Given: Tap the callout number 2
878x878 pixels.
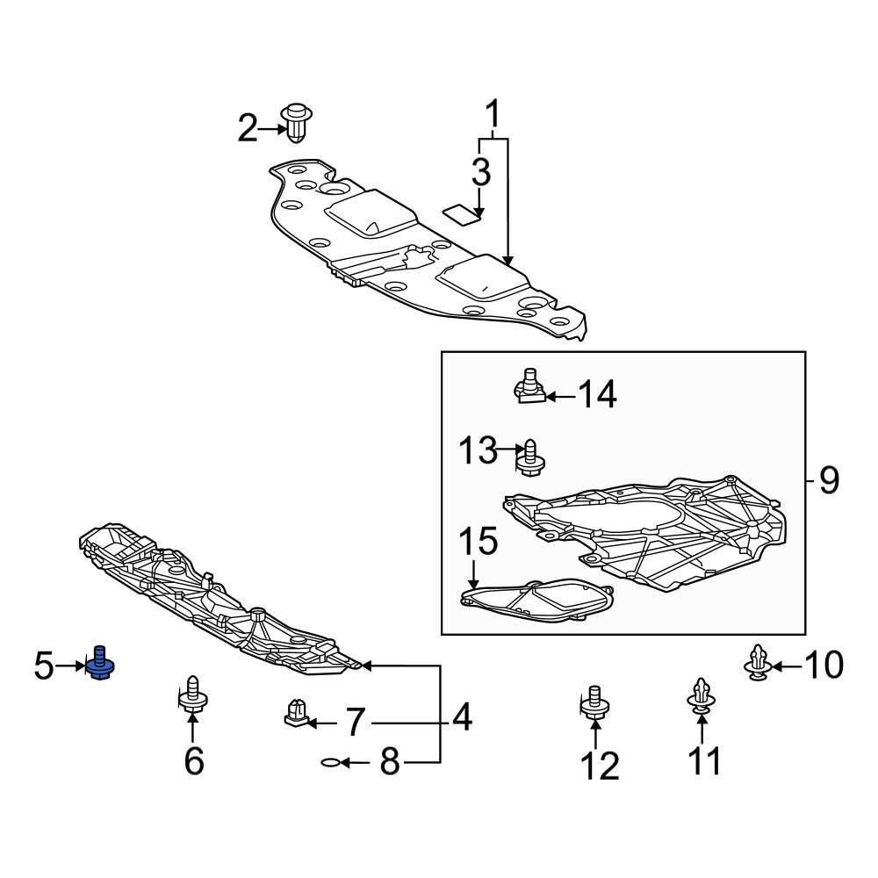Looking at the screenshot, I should (248, 131).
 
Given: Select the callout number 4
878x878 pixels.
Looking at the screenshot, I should (462, 718).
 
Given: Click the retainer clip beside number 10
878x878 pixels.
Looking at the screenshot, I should (759, 665).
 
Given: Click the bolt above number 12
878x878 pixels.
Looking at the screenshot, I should (594, 702).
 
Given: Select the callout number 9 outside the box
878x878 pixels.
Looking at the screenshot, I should (829, 480).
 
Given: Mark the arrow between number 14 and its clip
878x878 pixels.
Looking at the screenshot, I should (561, 397).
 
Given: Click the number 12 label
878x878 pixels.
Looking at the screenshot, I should (601, 766).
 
